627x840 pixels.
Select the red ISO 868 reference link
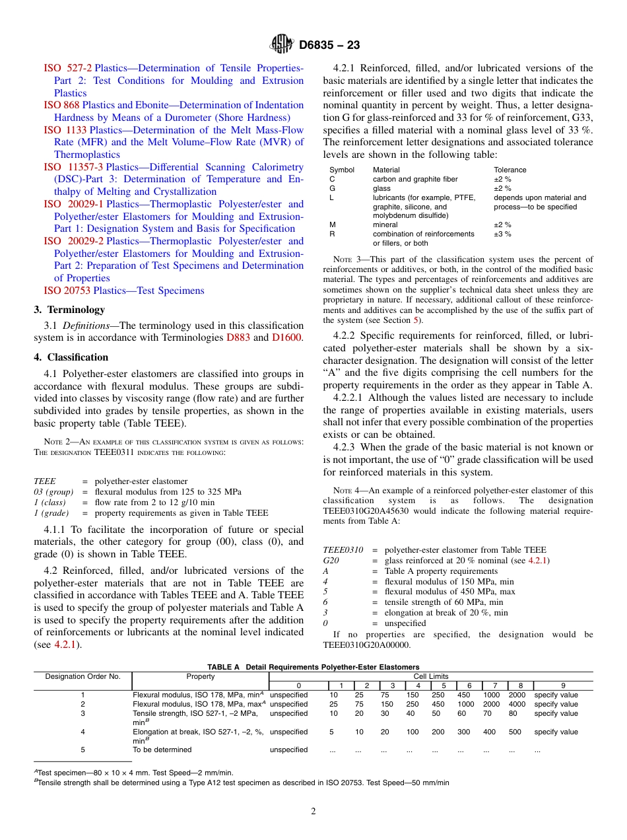pos(62,105)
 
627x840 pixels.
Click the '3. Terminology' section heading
pos(69,310)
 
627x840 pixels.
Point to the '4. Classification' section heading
pos(71,357)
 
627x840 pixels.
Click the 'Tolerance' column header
pos(510,170)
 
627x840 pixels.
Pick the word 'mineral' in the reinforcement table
pos(385,225)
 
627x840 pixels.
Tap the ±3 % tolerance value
pos(502,234)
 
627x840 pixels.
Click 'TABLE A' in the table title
pos(223,667)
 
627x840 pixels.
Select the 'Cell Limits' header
pos(430,676)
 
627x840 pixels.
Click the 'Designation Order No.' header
pos(82,676)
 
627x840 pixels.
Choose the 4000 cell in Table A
pos(517,704)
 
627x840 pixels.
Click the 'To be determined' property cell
pos(162,750)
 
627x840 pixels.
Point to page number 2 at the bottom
pos(313,812)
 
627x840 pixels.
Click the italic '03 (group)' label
pos(53,492)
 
